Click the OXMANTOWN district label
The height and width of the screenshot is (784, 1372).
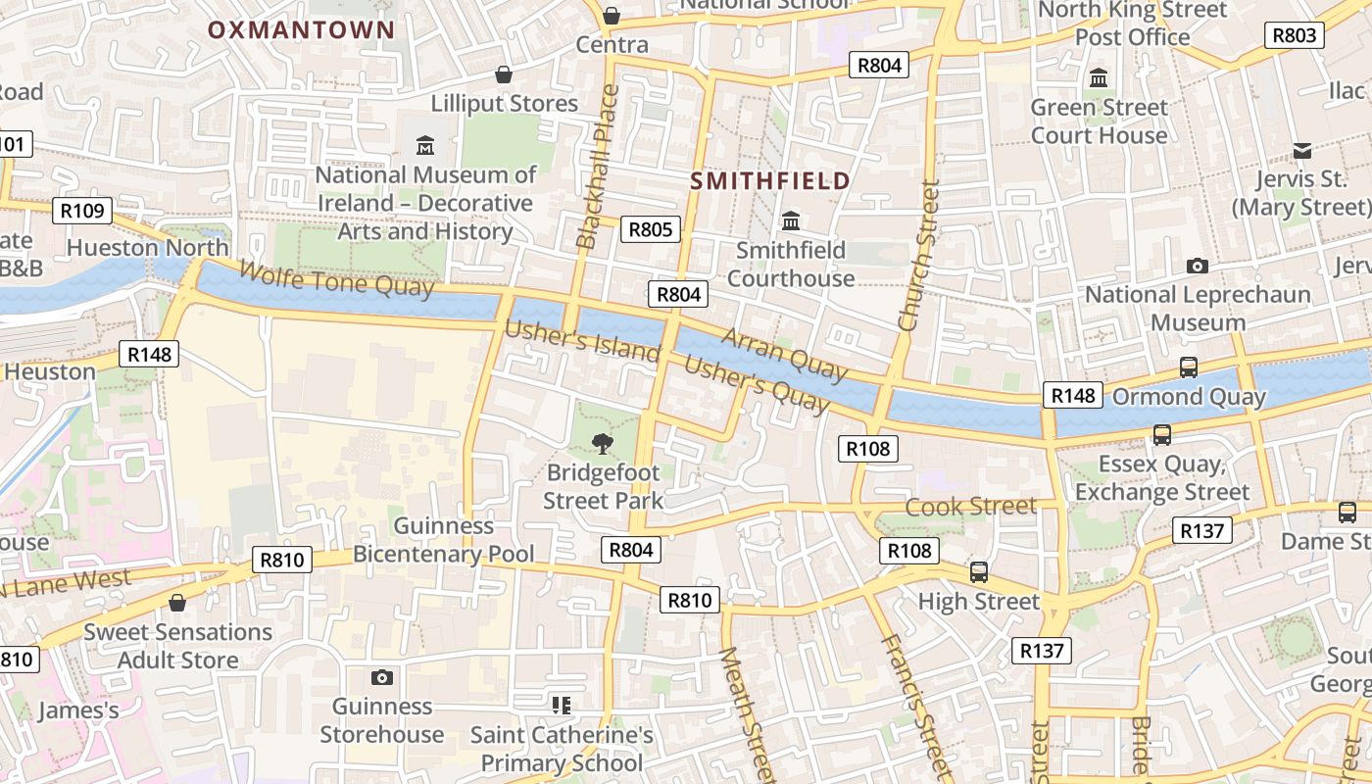(301, 29)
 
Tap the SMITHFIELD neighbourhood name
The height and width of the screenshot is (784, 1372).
(770, 180)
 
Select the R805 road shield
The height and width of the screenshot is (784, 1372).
(651, 229)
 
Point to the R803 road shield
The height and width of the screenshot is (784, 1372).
(1294, 35)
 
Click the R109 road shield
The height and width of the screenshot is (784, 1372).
(82, 210)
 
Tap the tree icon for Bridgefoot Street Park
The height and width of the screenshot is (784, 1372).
(603, 444)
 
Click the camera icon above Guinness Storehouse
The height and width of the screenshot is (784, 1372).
(382, 677)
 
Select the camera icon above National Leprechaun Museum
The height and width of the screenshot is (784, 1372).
(1197, 266)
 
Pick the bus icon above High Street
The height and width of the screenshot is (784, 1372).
(978, 571)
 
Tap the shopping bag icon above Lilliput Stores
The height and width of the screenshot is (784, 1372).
(504, 74)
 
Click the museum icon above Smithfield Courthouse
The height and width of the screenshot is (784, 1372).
(791, 220)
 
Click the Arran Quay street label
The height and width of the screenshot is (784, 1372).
(784, 354)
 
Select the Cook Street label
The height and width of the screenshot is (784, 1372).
(970, 506)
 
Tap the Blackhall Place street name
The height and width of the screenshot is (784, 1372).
(598, 167)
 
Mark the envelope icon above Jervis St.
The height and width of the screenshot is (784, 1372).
(1301, 150)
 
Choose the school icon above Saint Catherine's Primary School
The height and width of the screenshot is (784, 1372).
(562, 705)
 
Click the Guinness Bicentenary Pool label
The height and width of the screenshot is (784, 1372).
(444, 540)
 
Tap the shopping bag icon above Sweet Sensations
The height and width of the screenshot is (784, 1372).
(177, 603)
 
